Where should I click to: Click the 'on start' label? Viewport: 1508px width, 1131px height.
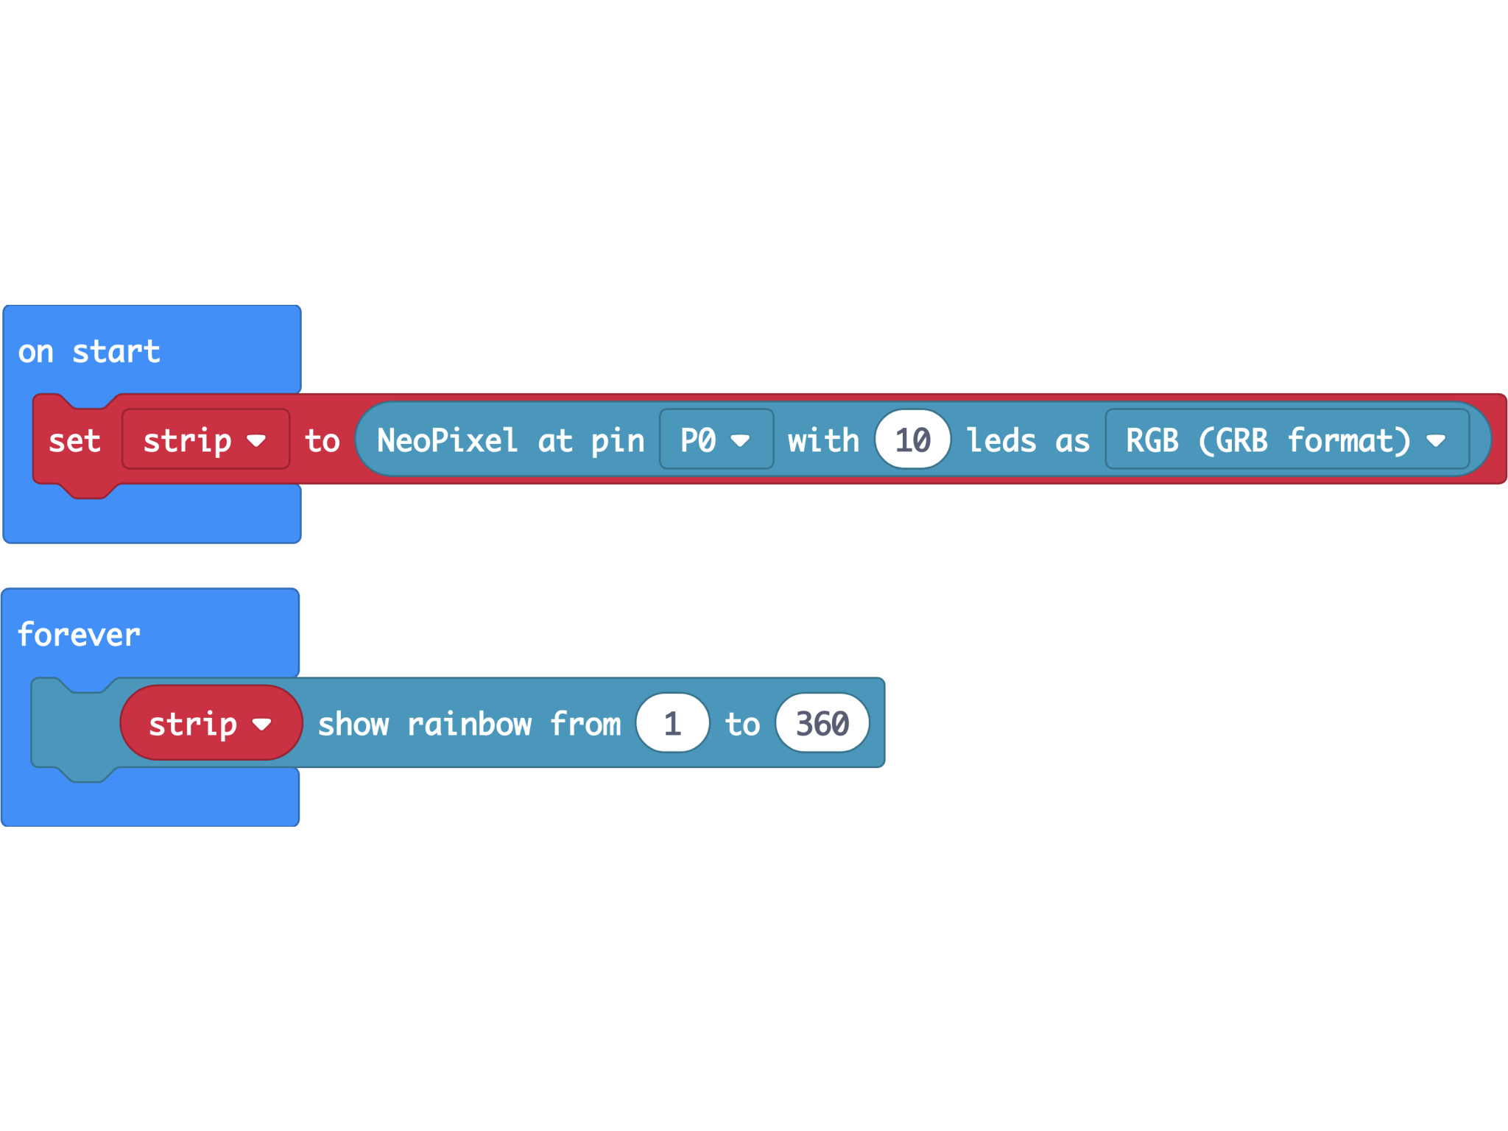pos(89,352)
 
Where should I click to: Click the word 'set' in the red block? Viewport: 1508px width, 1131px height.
pos(74,441)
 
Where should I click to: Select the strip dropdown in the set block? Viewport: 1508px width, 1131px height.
pos(205,440)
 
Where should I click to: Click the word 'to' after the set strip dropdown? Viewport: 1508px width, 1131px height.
pos(323,441)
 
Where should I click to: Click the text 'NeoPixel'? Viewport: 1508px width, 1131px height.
pos(447,440)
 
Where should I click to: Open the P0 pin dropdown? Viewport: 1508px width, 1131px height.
pos(715,440)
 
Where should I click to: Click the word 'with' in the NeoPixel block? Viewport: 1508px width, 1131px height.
pos(823,440)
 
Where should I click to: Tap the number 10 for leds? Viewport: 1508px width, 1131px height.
pos(912,440)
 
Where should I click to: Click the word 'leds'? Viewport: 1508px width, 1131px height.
pos(1001,440)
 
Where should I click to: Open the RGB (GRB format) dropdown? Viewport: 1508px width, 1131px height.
pos(1286,440)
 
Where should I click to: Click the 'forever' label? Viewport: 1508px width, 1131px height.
pos(79,635)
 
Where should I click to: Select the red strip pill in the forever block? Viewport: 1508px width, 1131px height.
pos(210,723)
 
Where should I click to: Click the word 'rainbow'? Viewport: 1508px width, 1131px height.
pos(469,724)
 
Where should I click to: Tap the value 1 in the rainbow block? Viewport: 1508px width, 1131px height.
pos(672,723)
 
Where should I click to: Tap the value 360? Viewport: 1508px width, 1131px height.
pos(822,723)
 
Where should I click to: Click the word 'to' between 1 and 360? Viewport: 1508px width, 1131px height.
pos(742,724)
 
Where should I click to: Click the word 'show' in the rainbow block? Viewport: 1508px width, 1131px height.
pos(353,724)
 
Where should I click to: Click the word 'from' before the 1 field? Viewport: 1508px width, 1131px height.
pos(586,724)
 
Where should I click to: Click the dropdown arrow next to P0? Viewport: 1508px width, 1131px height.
pos(740,440)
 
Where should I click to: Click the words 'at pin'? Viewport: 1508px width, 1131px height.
pos(591,440)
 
